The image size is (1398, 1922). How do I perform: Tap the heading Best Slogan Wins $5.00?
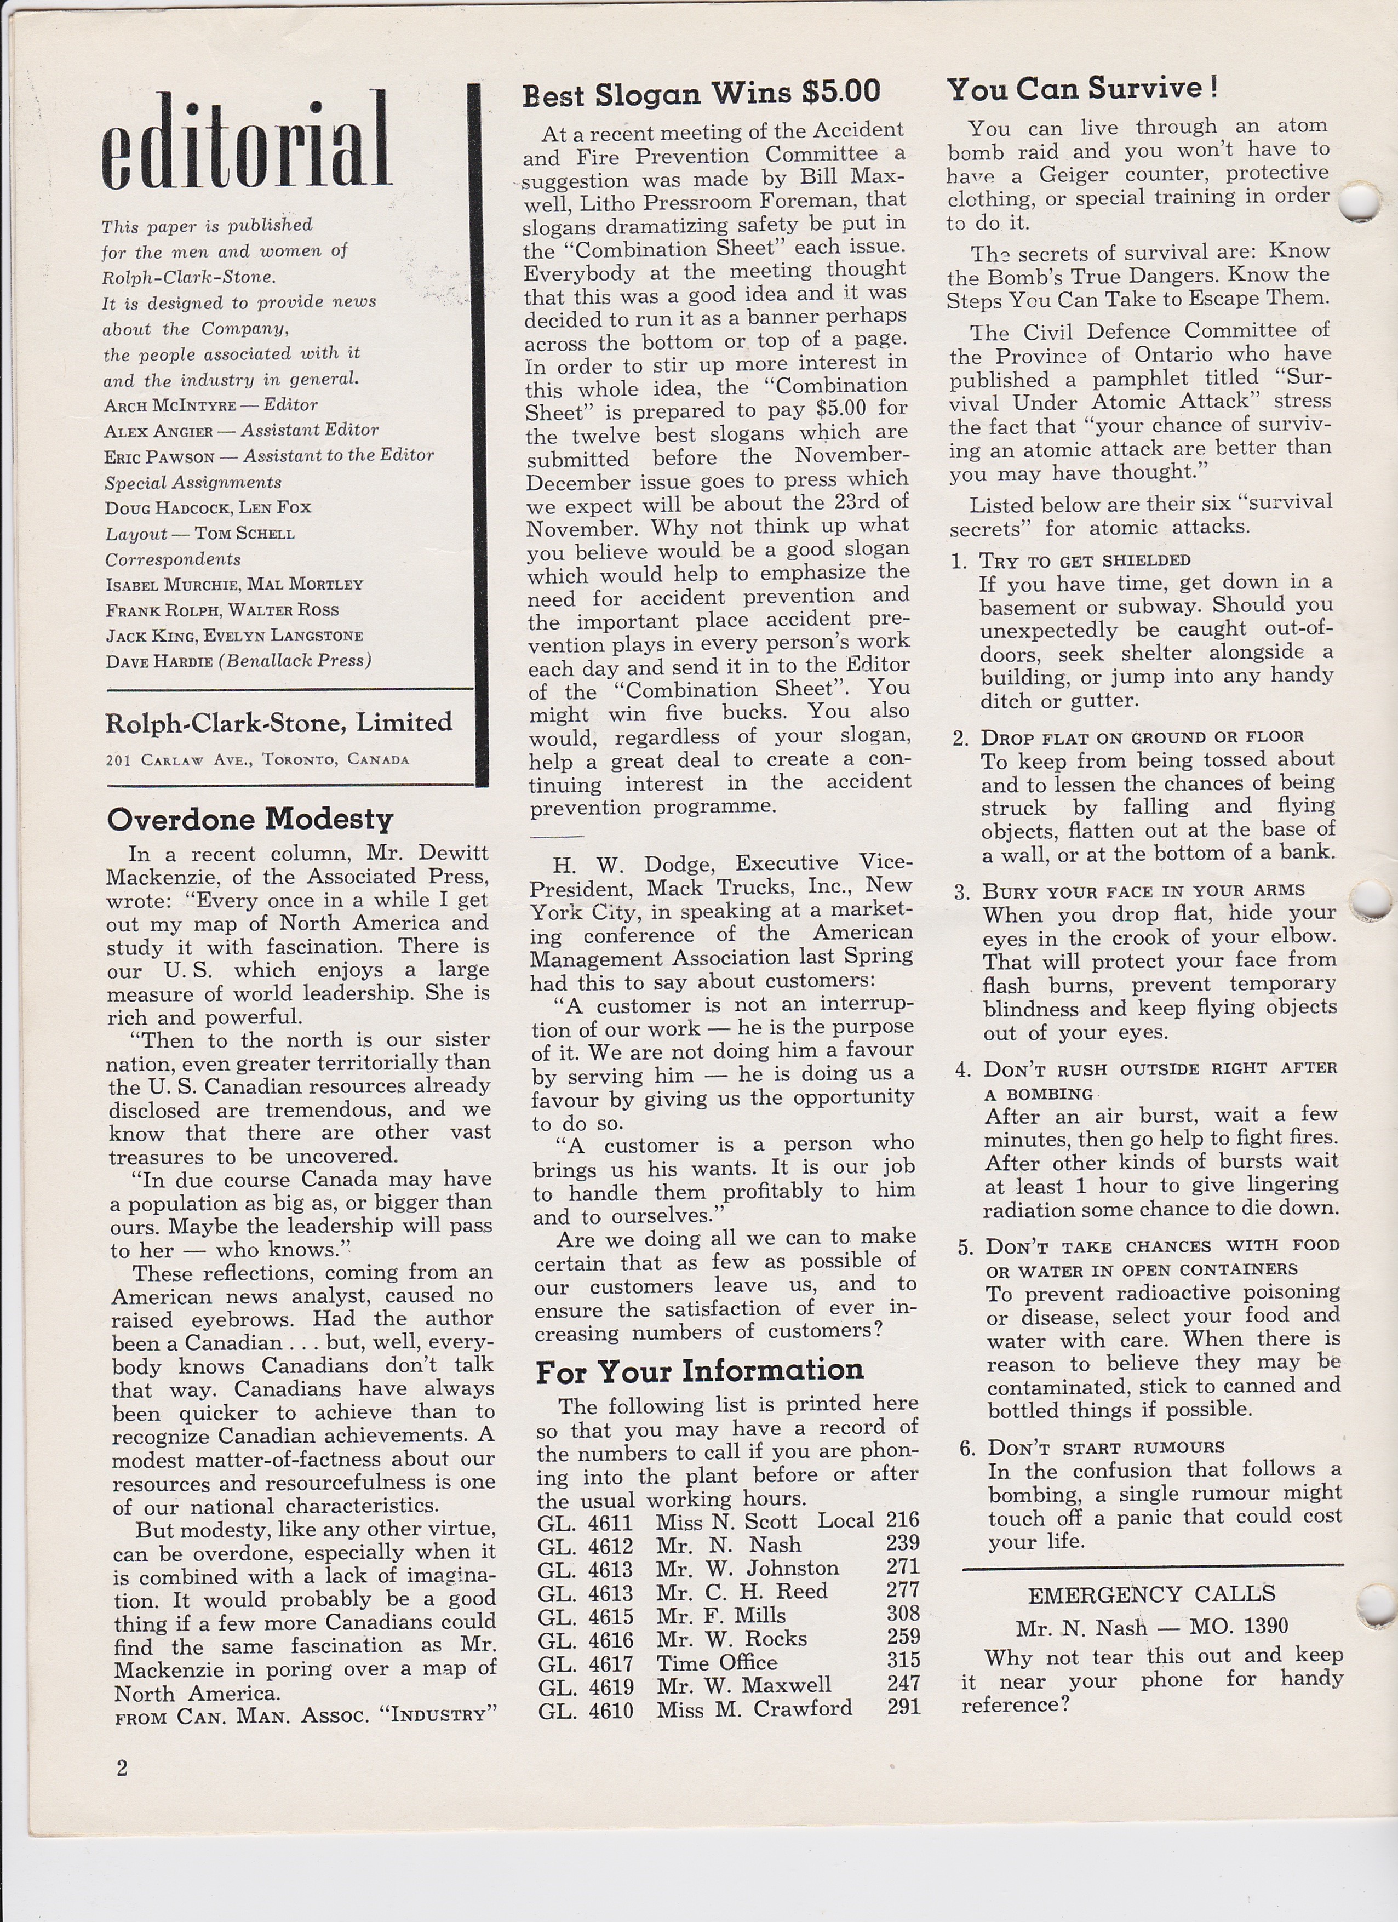702,93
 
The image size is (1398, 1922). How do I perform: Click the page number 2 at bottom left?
122,1767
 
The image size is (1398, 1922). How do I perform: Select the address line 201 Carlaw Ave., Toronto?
257,759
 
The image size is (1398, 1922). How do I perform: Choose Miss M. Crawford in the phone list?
754,1708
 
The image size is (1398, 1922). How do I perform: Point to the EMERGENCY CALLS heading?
1151,1594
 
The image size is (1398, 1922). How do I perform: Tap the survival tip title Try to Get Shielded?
1085,560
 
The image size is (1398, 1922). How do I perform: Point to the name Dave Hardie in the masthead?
158,661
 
